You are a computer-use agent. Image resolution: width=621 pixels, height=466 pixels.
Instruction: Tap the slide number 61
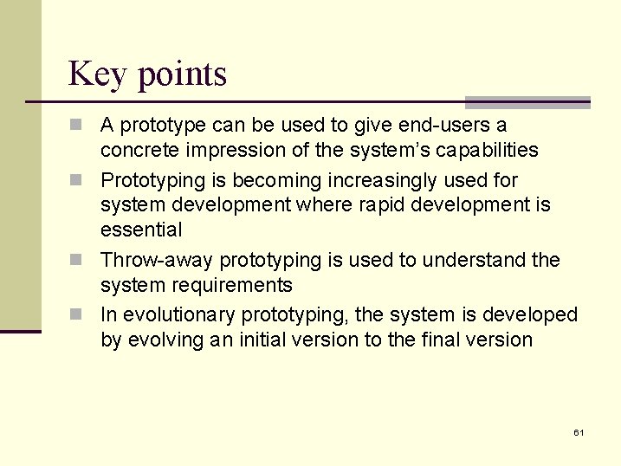(579, 431)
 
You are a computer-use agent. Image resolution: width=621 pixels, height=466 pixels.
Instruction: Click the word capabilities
(487, 150)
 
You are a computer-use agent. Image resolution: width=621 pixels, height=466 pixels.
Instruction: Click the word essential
(141, 230)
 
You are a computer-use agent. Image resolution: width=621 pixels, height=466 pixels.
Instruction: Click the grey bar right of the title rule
(527, 101)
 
